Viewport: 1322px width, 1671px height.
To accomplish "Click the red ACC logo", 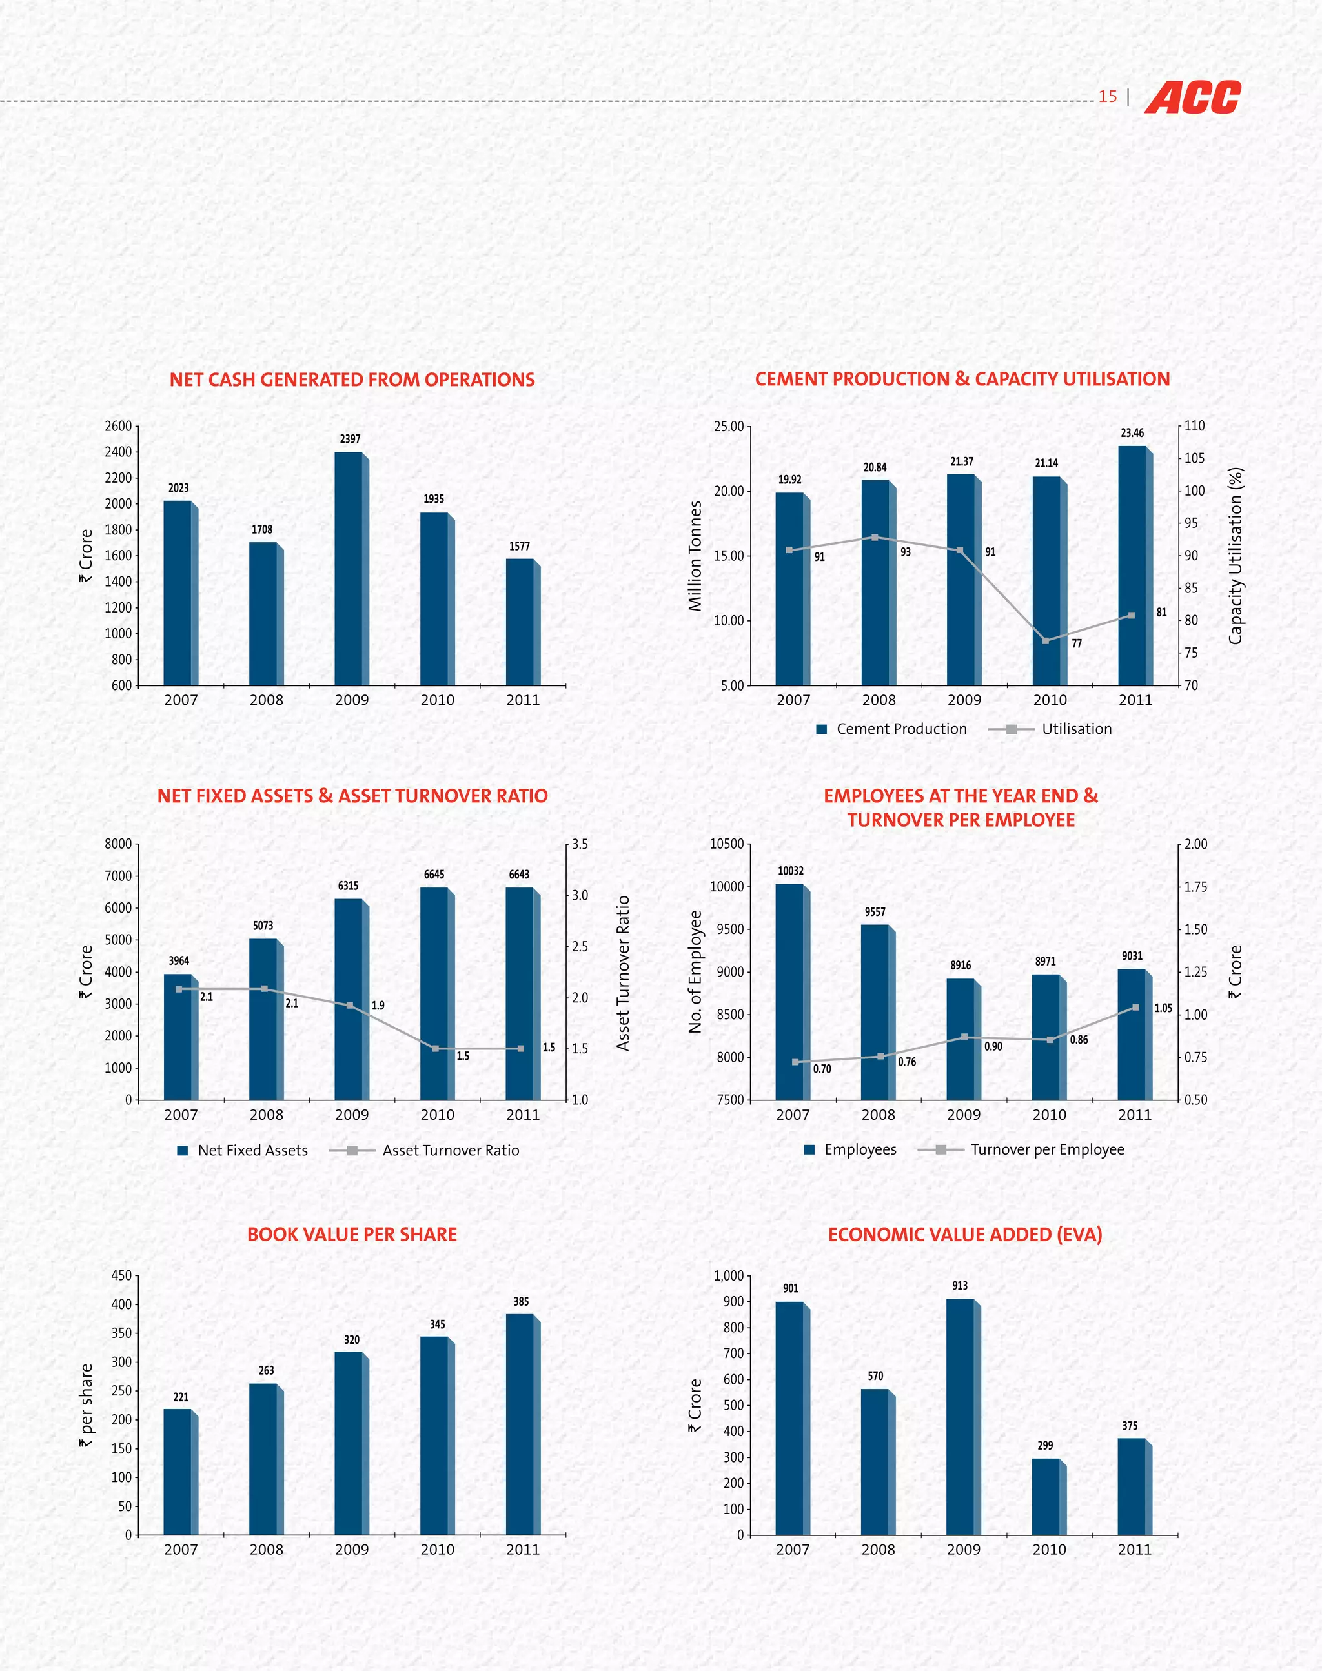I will click(1192, 97).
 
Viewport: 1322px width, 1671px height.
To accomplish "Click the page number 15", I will click(1108, 97).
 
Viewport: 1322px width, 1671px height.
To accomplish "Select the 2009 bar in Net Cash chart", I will click(350, 568).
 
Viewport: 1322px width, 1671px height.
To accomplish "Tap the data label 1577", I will click(520, 547).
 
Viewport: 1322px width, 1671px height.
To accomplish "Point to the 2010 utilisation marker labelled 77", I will click(1046, 641).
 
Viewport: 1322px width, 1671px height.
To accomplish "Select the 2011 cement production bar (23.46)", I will click(1133, 565).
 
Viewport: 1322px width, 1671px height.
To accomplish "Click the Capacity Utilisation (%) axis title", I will click(1236, 555).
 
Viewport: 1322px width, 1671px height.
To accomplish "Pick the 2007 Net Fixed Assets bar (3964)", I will click(179, 1037).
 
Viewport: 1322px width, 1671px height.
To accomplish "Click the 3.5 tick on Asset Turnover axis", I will click(580, 844).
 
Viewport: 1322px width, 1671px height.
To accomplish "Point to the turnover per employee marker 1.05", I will click(1135, 1008).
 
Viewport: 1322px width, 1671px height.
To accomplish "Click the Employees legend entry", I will click(850, 1150).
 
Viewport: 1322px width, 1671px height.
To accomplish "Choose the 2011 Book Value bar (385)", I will click(521, 1424).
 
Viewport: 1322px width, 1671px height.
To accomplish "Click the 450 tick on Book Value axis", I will click(121, 1275).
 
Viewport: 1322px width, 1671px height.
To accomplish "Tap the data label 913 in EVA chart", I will click(960, 1286).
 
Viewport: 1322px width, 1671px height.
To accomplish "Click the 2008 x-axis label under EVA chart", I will click(878, 1550).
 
